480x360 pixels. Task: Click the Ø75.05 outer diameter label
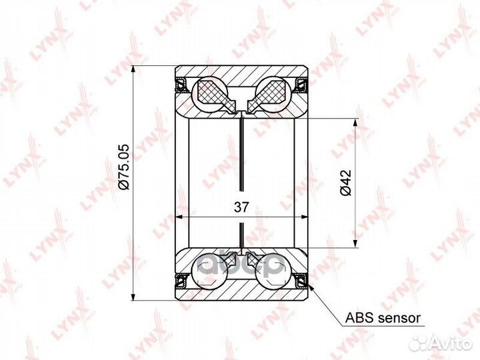pos(125,167)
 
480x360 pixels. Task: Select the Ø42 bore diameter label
pos(345,183)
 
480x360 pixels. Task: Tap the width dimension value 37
pos(242,207)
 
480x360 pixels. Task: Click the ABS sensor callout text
pos(383,318)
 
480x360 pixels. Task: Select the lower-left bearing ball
pos(210,271)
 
